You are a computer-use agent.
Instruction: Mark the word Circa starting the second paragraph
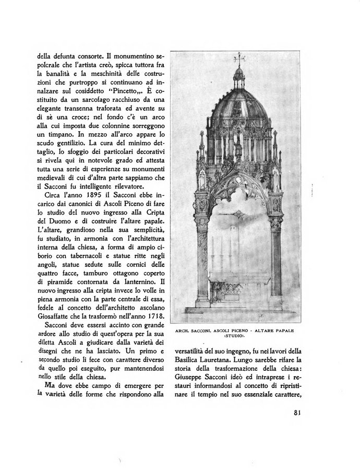51,196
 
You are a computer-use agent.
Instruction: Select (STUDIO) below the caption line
238,337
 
